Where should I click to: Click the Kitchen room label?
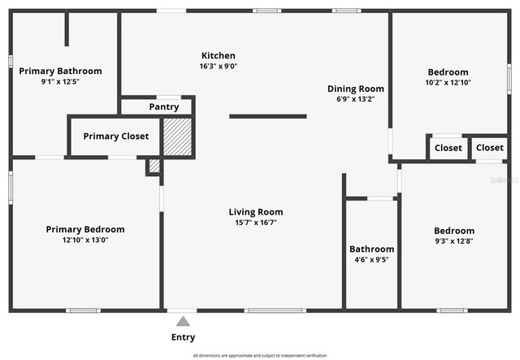tap(219, 55)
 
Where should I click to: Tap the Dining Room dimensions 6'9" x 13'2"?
tap(356, 99)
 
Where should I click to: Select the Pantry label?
tap(164, 106)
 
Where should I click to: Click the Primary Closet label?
tap(116, 137)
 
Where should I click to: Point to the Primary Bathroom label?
tap(61, 71)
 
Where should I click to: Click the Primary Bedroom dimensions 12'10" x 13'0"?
tap(85, 240)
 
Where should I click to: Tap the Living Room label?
tap(256, 212)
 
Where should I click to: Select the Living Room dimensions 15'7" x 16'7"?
tap(256, 223)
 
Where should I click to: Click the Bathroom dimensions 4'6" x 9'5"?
tap(371, 260)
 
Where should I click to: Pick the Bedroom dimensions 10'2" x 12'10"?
tap(448, 82)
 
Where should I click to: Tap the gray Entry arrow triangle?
tap(184, 321)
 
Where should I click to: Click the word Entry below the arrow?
tap(183, 337)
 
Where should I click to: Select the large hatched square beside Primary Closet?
tap(178, 137)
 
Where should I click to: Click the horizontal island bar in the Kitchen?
tap(268, 116)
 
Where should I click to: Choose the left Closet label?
tap(448, 148)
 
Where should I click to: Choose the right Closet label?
tap(489, 147)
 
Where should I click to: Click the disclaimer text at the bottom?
tap(260, 355)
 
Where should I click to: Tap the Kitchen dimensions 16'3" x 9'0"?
tap(219, 66)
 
